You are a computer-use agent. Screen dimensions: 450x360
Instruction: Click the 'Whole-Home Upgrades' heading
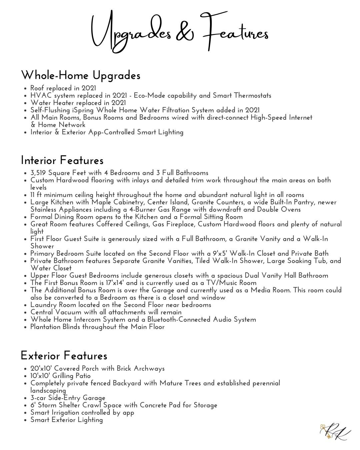pyautogui.click(x=81, y=75)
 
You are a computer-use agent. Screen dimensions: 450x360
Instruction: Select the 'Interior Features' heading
pyautogui.click(x=62, y=160)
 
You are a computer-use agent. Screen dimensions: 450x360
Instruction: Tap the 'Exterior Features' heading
pyautogui.click(x=64, y=356)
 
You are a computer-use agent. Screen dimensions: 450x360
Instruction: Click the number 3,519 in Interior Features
pyautogui.click(x=38, y=173)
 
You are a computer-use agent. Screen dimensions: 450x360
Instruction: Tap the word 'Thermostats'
pyautogui.click(x=252, y=96)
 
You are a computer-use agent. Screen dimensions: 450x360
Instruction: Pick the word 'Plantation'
pyautogui.click(x=45, y=327)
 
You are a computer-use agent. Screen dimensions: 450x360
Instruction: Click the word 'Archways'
pyautogui.click(x=149, y=369)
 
